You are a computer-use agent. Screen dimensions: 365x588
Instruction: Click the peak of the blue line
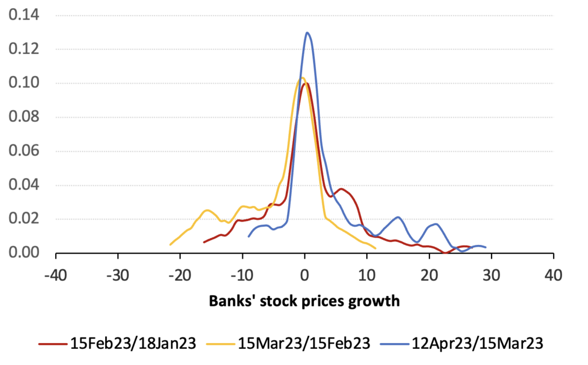tap(308, 33)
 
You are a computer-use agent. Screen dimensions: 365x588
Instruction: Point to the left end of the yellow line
tap(171, 244)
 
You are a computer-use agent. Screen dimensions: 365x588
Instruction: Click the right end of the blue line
tap(486, 247)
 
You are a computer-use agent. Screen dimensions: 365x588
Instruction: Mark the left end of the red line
tap(204, 242)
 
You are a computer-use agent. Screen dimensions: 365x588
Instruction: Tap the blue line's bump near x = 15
tap(398, 217)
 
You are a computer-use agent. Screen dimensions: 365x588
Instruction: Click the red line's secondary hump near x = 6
tap(342, 189)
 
